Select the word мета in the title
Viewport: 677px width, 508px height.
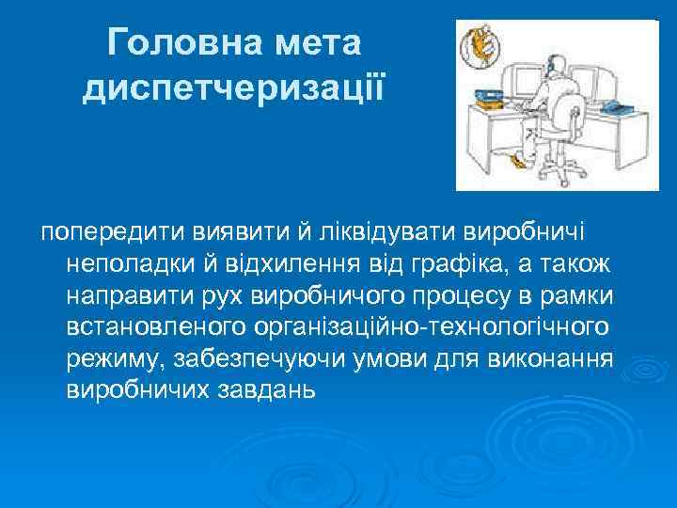point(317,42)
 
